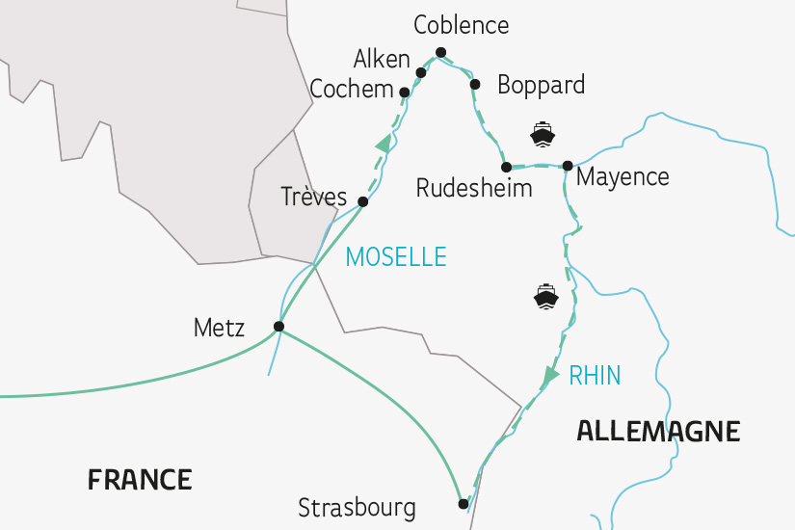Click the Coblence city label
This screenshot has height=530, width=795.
tap(461, 24)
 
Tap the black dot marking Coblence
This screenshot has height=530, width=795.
tap(440, 52)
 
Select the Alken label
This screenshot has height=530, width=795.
tap(382, 59)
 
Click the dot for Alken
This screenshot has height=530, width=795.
tap(421, 72)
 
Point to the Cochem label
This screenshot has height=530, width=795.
tap(352, 90)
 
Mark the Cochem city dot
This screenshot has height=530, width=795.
tap(404, 93)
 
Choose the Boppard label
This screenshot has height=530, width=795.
tap(541, 85)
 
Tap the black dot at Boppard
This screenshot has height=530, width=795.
tap(474, 84)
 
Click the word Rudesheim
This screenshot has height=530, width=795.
tap(473, 188)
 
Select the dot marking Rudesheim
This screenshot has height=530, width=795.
tap(506, 167)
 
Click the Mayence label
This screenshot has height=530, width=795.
tap(622, 178)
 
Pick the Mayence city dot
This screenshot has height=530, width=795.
tap(568, 165)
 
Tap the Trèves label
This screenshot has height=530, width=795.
tap(313, 198)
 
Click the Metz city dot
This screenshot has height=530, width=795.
tap(278, 327)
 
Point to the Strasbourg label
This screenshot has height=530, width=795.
tap(357, 507)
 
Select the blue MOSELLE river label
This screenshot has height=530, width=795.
tap(396, 256)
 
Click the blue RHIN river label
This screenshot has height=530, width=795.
tap(595, 376)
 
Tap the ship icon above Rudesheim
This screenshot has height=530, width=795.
tap(543, 133)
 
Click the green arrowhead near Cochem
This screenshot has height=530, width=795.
tap(384, 144)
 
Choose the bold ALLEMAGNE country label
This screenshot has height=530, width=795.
tap(658, 431)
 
